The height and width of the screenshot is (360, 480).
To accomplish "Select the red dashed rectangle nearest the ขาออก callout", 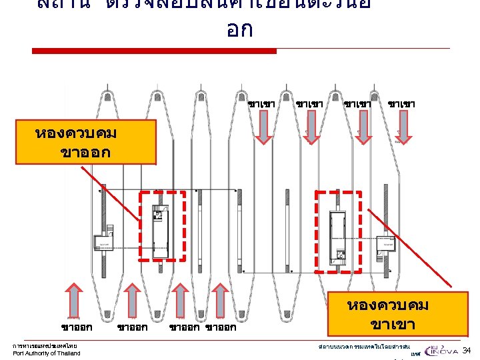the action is coord(162,227).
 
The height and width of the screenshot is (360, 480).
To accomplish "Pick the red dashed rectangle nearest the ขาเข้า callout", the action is coord(338,231).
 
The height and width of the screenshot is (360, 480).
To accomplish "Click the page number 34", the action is coord(467,351).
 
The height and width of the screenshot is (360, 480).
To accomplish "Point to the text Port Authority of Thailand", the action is coord(47,353).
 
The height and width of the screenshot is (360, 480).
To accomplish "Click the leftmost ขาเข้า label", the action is coord(262,104).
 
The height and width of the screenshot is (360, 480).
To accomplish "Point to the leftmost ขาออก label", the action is coord(76,327).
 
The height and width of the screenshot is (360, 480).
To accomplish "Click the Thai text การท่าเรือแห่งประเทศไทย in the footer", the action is coord(45,346).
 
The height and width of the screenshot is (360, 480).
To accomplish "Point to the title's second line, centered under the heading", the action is coord(239,30).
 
